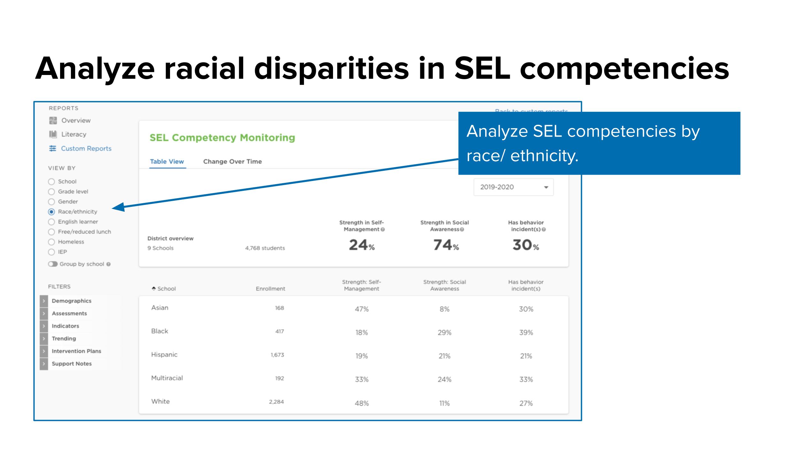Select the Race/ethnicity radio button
(51, 212)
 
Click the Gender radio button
(51, 202)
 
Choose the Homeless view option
(51, 242)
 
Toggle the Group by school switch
(53, 264)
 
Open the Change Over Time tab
(232, 161)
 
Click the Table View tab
(167, 161)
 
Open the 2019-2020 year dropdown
(513, 187)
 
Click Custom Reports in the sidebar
(86, 148)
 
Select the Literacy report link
(74, 134)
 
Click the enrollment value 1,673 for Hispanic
(277, 355)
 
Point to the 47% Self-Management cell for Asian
(361, 309)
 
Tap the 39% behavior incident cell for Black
(526, 333)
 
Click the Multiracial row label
(167, 378)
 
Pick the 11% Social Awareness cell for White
(444, 403)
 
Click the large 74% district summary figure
(446, 245)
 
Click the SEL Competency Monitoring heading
(222, 138)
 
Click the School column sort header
(164, 288)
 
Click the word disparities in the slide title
(331, 69)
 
